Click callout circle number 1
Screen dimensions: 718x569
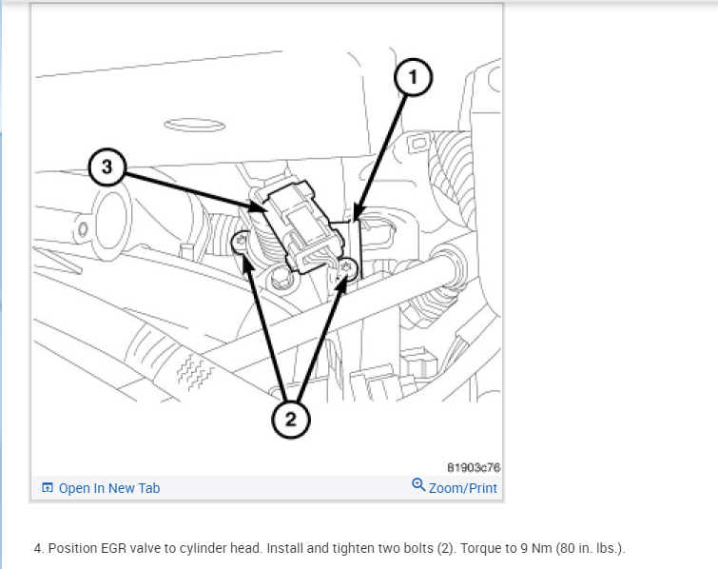pyautogui.click(x=413, y=77)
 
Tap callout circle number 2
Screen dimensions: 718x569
pyautogui.click(x=291, y=420)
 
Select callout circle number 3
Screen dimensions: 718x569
pyautogui.click(x=107, y=167)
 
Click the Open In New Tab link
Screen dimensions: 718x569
pyautogui.click(x=101, y=488)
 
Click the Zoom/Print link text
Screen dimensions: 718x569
pyautogui.click(x=463, y=488)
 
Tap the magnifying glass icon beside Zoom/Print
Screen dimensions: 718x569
pyautogui.click(x=418, y=484)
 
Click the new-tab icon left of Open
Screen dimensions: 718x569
pyautogui.click(x=48, y=487)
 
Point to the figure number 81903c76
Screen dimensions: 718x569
pyautogui.click(x=474, y=467)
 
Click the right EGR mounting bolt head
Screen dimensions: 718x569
pyautogui.click(x=348, y=268)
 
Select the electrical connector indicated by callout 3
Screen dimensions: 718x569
pyautogui.click(x=300, y=226)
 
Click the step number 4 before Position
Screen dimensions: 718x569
pyautogui.click(x=38, y=548)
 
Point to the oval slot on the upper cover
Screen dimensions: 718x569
pyautogui.click(x=195, y=124)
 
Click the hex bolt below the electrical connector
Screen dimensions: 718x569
pyautogui.click(x=281, y=278)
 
